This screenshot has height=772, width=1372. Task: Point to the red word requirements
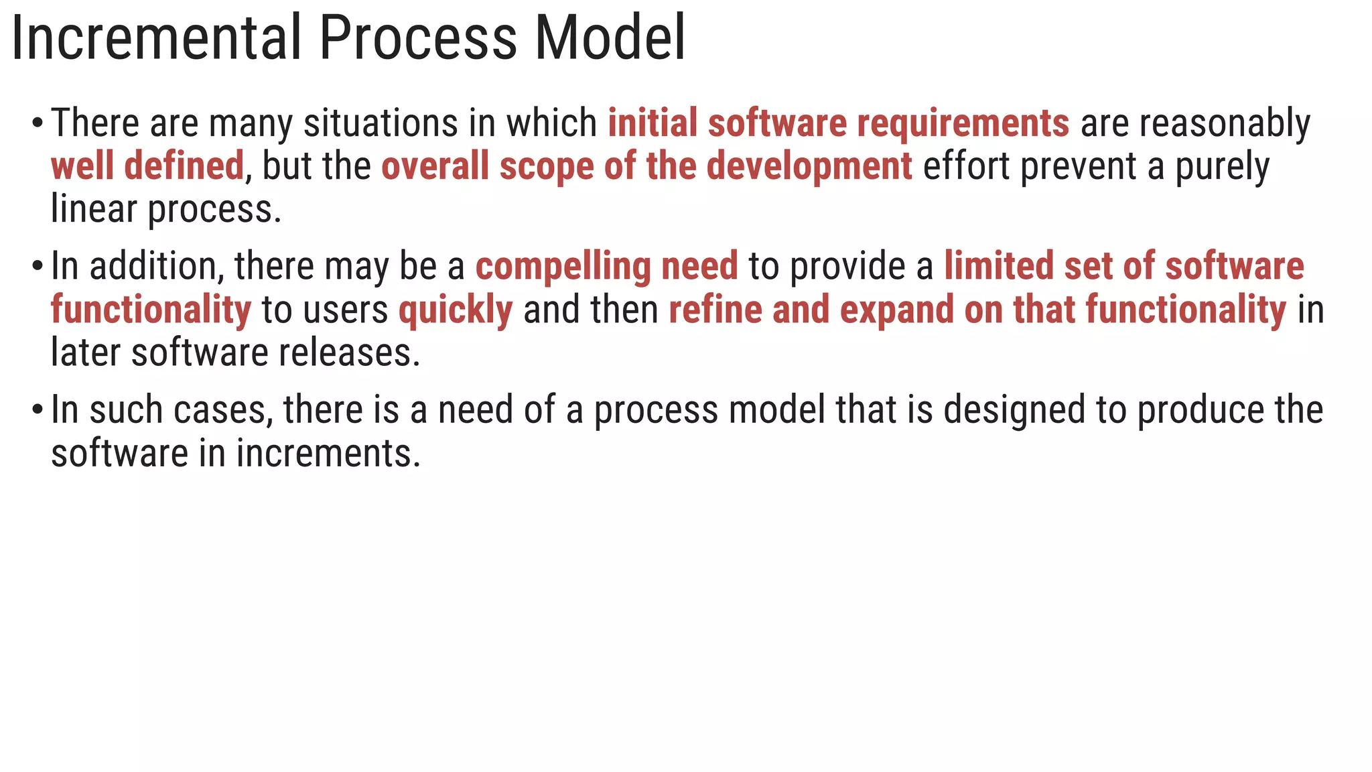click(x=963, y=125)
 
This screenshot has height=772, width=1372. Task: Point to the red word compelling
click(x=563, y=267)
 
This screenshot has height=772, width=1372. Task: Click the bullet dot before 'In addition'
click(x=38, y=267)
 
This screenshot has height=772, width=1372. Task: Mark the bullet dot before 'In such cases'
click(x=38, y=411)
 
